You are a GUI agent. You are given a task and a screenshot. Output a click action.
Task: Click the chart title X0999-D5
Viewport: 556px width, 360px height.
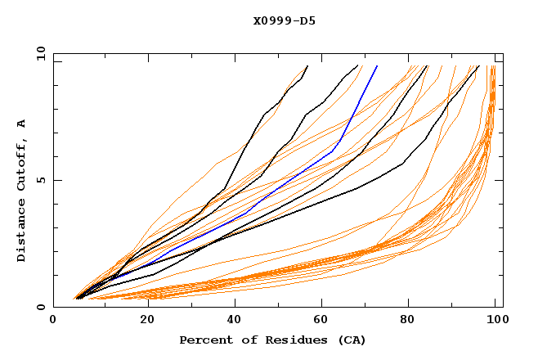click(284, 20)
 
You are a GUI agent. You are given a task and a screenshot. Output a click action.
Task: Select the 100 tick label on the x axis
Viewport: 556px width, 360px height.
click(495, 321)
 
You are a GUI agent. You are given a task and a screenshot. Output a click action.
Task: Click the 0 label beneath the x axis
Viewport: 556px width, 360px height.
click(53, 321)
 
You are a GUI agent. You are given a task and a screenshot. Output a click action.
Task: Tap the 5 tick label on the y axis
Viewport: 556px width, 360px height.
click(41, 180)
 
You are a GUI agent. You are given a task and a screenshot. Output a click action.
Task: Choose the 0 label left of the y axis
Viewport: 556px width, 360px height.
click(41, 307)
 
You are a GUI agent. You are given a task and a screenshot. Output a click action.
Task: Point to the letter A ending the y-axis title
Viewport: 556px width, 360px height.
click(22, 124)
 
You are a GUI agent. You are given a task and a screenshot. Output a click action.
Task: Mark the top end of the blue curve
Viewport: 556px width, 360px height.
click(377, 65)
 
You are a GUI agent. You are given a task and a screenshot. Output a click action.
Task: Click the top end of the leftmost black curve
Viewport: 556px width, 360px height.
click(307, 65)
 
